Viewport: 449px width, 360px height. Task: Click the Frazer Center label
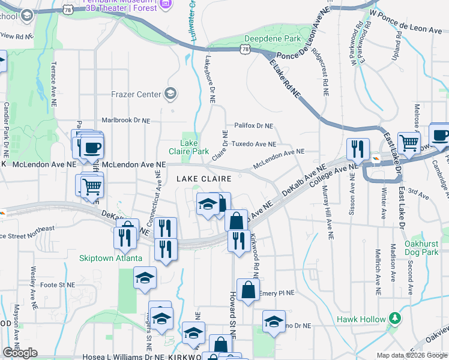tap(136, 94)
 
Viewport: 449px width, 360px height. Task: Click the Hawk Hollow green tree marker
tap(394, 317)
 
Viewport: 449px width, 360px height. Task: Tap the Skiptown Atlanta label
tap(110, 259)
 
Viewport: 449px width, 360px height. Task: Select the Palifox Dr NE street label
tap(253, 126)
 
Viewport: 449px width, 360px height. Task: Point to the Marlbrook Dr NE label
tap(125, 120)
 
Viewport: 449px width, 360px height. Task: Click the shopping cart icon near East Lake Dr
tap(409, 143)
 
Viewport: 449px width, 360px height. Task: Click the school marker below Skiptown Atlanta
tap(145, 278)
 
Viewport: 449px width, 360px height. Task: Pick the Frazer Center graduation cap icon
tap(170, 94)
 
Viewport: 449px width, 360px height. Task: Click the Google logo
tap(20, 353)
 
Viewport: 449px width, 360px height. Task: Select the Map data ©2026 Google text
tap(411, 355)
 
